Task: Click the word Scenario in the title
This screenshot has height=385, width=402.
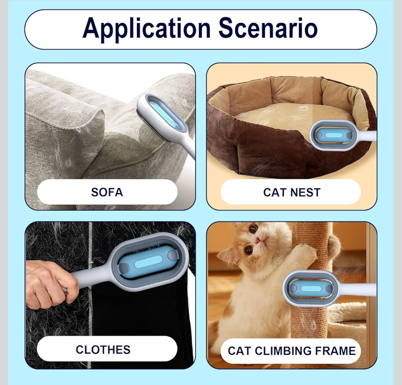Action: click(268, 29)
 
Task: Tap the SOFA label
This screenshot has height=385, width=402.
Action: click(107, 192)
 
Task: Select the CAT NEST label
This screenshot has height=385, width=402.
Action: click(291, 192)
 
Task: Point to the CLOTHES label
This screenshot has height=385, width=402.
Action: click(103, 350)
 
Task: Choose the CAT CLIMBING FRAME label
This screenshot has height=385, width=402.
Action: click(291, 351)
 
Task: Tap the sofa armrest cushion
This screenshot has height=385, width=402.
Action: click(63, 123)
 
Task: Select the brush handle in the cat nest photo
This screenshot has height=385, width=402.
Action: click(367, 136)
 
